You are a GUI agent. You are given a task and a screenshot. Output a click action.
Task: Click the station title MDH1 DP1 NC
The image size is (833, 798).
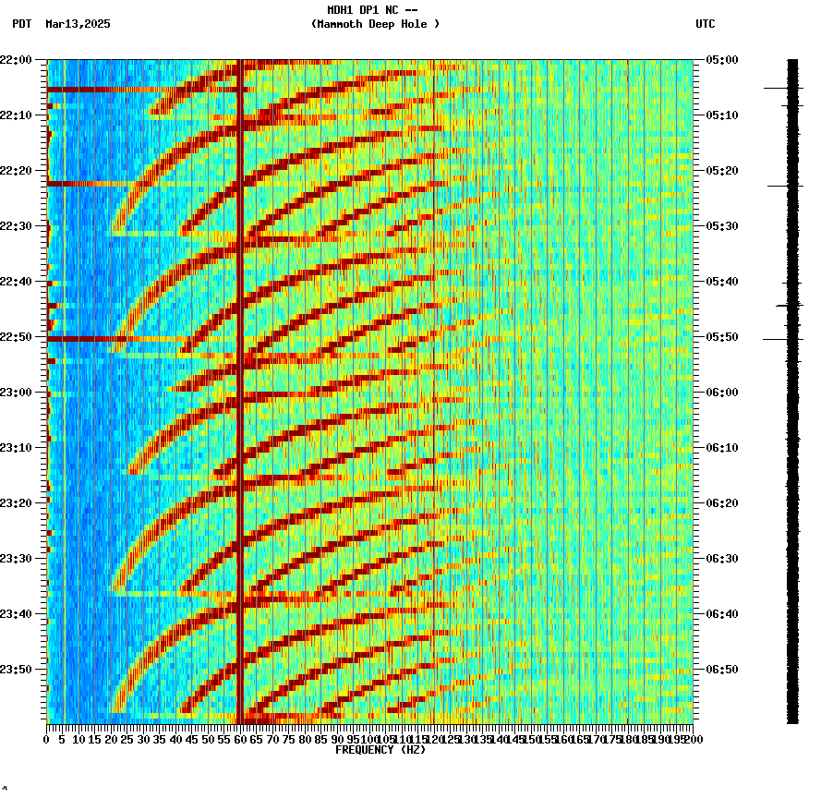(x=374, y=10)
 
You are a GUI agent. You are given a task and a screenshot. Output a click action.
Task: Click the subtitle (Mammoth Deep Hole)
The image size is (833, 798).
(x=375, y=24)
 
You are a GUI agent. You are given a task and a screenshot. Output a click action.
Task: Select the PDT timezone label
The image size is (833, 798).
(x=22, y=24)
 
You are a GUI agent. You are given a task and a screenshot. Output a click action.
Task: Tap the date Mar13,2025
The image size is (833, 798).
(x=78, y=24)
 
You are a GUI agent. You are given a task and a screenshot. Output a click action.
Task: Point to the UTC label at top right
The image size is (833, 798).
(x=706, y=24)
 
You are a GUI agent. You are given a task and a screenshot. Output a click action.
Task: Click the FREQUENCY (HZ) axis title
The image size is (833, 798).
(x=380, y=750)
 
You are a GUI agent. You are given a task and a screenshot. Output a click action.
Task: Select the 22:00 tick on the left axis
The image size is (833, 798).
(x=16, y=60)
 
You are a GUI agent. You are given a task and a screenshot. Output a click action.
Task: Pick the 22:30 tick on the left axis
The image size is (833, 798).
(x=16, y=226)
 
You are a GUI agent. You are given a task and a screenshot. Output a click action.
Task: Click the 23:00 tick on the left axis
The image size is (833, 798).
(x=16, y=393)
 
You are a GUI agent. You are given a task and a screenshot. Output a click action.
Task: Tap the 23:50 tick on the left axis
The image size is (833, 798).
(x=16, y=670)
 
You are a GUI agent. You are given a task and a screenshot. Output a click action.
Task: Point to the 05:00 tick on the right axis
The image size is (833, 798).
(x=722, y=60)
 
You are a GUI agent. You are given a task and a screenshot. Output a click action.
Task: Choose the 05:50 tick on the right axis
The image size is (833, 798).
(x=722, y=337)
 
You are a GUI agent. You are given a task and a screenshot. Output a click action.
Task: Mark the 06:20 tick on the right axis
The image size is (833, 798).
(x=722, y=503)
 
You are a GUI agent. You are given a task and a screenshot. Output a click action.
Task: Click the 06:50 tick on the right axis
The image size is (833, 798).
(x=722, y=670)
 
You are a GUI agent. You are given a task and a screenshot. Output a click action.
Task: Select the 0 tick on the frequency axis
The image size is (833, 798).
(x=47, y=740)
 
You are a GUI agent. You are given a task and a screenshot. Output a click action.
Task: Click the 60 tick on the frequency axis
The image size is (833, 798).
(x=240, y=740)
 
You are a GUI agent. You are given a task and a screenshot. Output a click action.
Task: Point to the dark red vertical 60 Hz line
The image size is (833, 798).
(x=239, y=369)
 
